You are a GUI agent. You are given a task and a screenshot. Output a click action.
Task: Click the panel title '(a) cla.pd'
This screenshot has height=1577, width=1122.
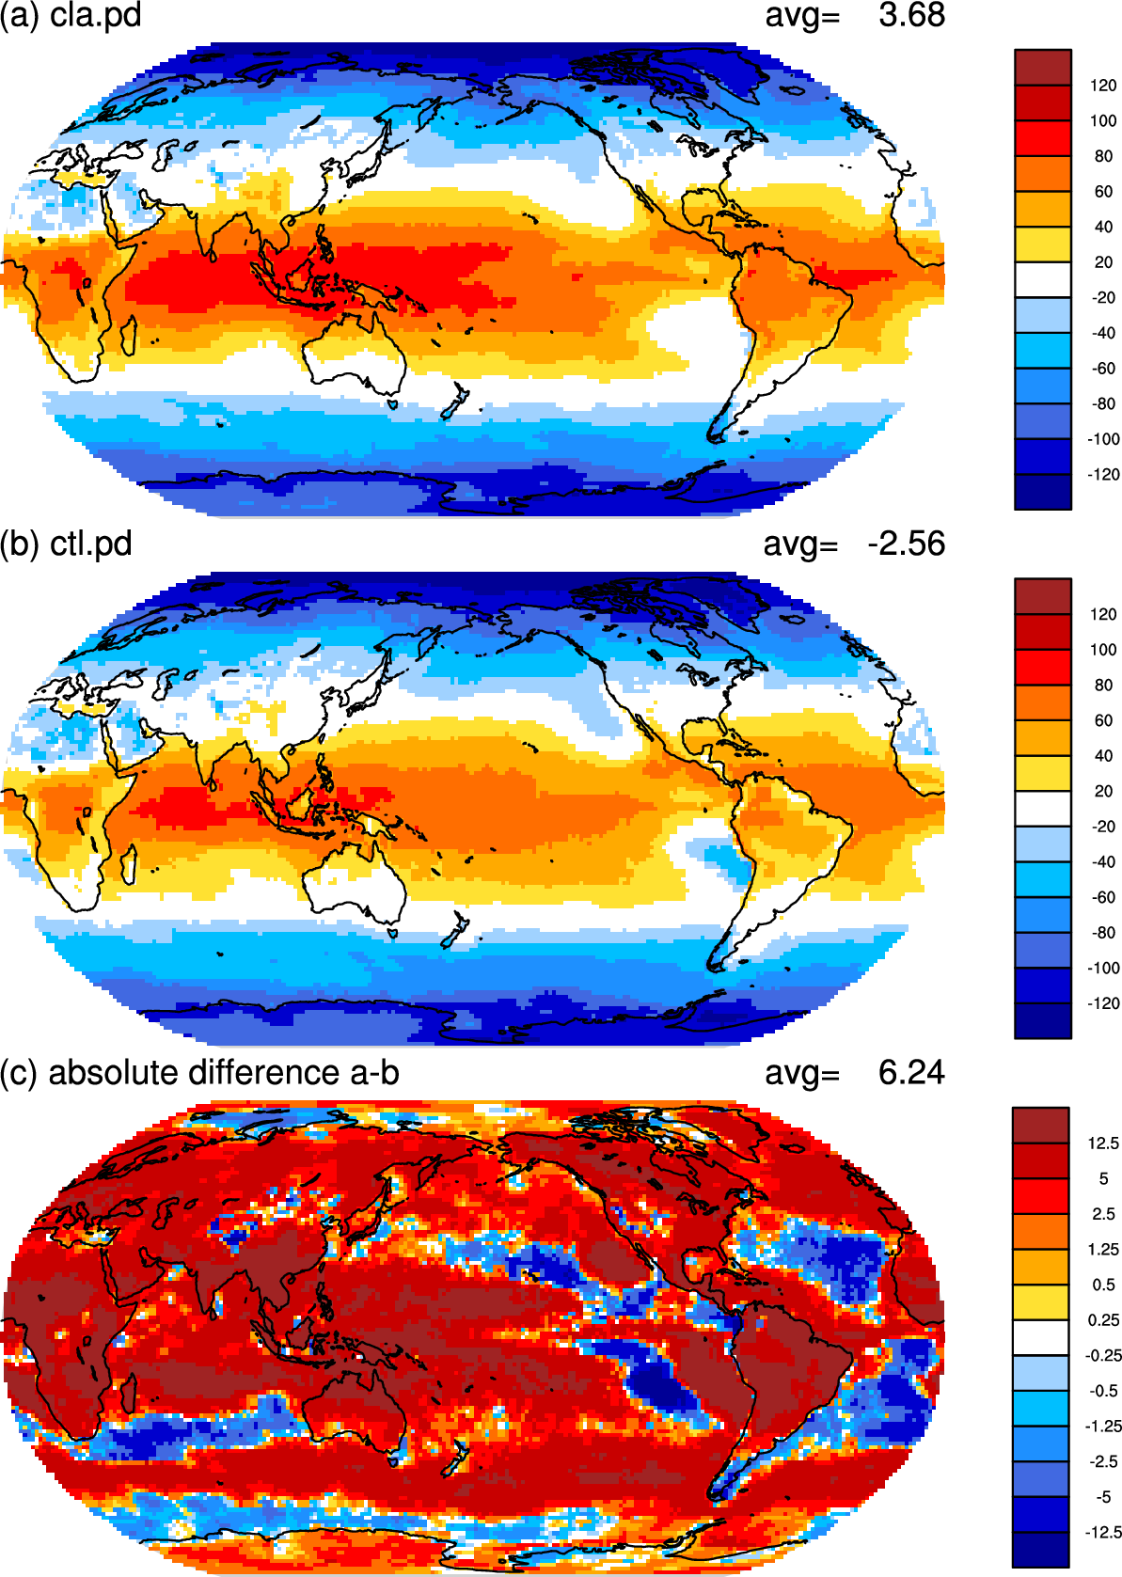pyautogui.click(x=71, y=15)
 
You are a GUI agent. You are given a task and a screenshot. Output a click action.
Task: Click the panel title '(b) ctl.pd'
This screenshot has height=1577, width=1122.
pyautogui.click(x=66, y=544)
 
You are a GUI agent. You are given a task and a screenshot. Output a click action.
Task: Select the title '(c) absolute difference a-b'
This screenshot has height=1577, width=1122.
pyautogui.click(x=199, y=1073)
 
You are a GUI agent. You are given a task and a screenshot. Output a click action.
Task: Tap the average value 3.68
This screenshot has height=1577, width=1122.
pyautogui.click(x=911, y=15)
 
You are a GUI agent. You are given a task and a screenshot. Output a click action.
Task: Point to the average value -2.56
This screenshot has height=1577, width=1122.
pyautogui.click(x=907, y=544)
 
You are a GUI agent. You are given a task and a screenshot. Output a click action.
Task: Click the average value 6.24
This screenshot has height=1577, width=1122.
pyautogui.click(x=911, y=1072)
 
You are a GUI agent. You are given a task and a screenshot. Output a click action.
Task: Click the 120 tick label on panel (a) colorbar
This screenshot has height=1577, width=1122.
pyautogui.click(x=1103, y=86)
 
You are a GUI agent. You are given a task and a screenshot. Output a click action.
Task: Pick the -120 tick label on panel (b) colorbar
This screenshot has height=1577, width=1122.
pyautogui.click(x=1103, y=1003)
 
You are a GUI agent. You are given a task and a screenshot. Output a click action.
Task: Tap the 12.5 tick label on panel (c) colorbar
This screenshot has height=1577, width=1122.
pyautogui.click(x=1103, y=1143)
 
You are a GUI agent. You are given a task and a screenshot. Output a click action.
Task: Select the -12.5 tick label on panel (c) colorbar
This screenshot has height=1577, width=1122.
pyautogui.click(x=1103, y=1532)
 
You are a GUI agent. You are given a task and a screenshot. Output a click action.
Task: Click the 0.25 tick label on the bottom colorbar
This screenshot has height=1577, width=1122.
pyautogui.click(x=1103, y=1320)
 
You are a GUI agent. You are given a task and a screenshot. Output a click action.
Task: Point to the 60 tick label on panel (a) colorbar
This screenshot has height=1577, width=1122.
pyautogui.click(x=1103, y=192)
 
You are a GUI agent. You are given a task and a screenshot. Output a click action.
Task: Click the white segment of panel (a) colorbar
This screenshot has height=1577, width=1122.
pyautogui.click(x=1042, y=279)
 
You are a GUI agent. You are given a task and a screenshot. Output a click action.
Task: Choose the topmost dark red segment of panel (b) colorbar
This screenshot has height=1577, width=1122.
pyautogui.click(x=1042, y=596)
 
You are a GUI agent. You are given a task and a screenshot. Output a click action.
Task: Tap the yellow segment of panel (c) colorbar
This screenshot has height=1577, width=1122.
pyautogui.click(x=1041, y=1301)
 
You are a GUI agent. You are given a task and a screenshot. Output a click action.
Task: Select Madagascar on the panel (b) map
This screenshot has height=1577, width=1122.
pyautogui.click(x=128, y=864)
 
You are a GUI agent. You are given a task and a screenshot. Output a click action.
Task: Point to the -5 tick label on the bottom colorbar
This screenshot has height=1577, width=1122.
pyautogui.click(x=1103, y=1497)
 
